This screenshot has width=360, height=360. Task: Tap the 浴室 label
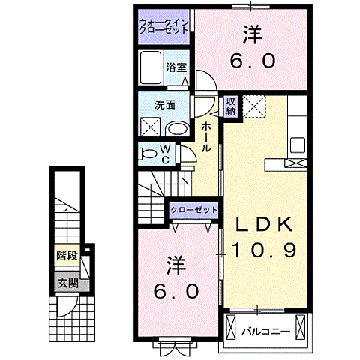pos(176,66)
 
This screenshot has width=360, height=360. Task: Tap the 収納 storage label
pos(231,106)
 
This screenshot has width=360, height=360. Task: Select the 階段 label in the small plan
pos(66,256)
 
